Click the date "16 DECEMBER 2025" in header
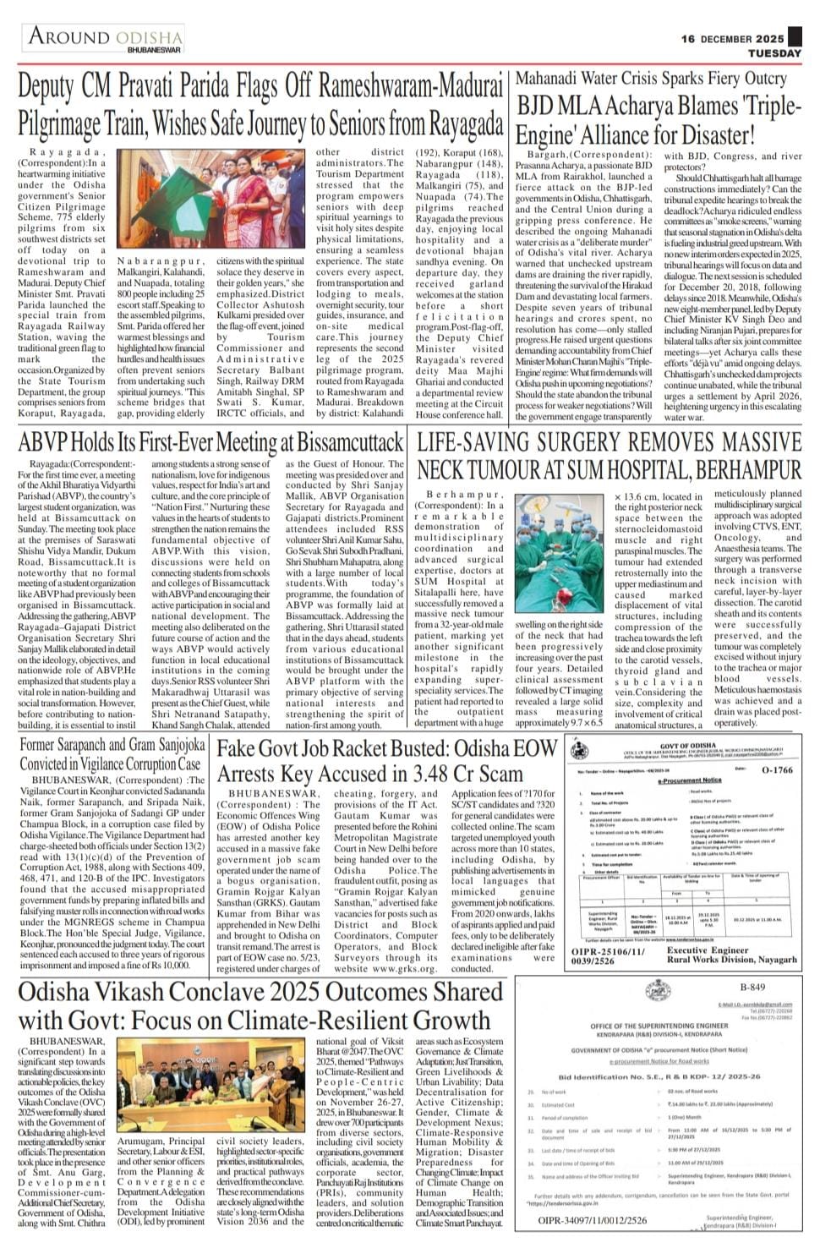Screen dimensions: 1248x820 pos(733,39)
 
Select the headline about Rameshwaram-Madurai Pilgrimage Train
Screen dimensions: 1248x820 pos(260,107)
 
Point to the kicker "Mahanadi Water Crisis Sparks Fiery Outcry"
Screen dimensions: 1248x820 pos(651,79)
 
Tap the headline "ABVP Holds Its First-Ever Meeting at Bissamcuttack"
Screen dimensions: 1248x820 pos(211,442)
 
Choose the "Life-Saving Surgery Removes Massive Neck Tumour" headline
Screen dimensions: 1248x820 pos(609,455)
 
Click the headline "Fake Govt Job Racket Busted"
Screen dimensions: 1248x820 pos(386,761)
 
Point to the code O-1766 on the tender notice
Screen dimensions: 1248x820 pos(776,770)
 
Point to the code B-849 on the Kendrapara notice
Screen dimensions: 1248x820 pos(752,987)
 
